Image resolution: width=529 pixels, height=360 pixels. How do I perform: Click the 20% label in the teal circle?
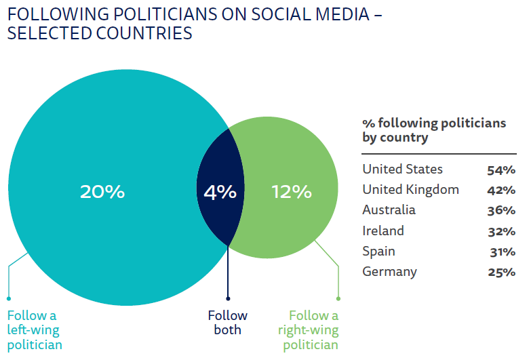(102, 192)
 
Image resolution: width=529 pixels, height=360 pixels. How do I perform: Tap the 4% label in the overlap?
(220, 192)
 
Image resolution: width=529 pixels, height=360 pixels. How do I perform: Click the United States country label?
(402, 169)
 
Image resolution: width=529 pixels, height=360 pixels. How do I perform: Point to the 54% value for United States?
(501, 170)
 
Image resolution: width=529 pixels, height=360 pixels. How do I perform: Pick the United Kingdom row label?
(410, 190)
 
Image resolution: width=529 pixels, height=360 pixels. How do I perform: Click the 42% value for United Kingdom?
(501, 191)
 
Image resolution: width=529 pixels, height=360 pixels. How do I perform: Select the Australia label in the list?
(389, 210)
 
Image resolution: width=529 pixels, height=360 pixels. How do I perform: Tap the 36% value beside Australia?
(501, 211)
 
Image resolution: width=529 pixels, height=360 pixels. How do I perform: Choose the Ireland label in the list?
(383, 231)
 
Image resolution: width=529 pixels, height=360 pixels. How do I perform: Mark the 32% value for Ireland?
(501, 232)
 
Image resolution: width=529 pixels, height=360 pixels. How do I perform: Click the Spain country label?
(379, 252)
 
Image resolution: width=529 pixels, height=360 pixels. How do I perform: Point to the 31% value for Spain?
(502, 252)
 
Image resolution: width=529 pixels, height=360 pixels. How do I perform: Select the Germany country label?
(389, 272)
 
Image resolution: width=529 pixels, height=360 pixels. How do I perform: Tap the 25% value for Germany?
(501, 273)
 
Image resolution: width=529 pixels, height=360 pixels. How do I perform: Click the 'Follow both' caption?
(228, 323)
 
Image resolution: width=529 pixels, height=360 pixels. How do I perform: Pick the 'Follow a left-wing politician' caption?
(35, 330)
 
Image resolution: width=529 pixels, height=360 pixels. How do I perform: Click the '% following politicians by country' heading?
(434, 130)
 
